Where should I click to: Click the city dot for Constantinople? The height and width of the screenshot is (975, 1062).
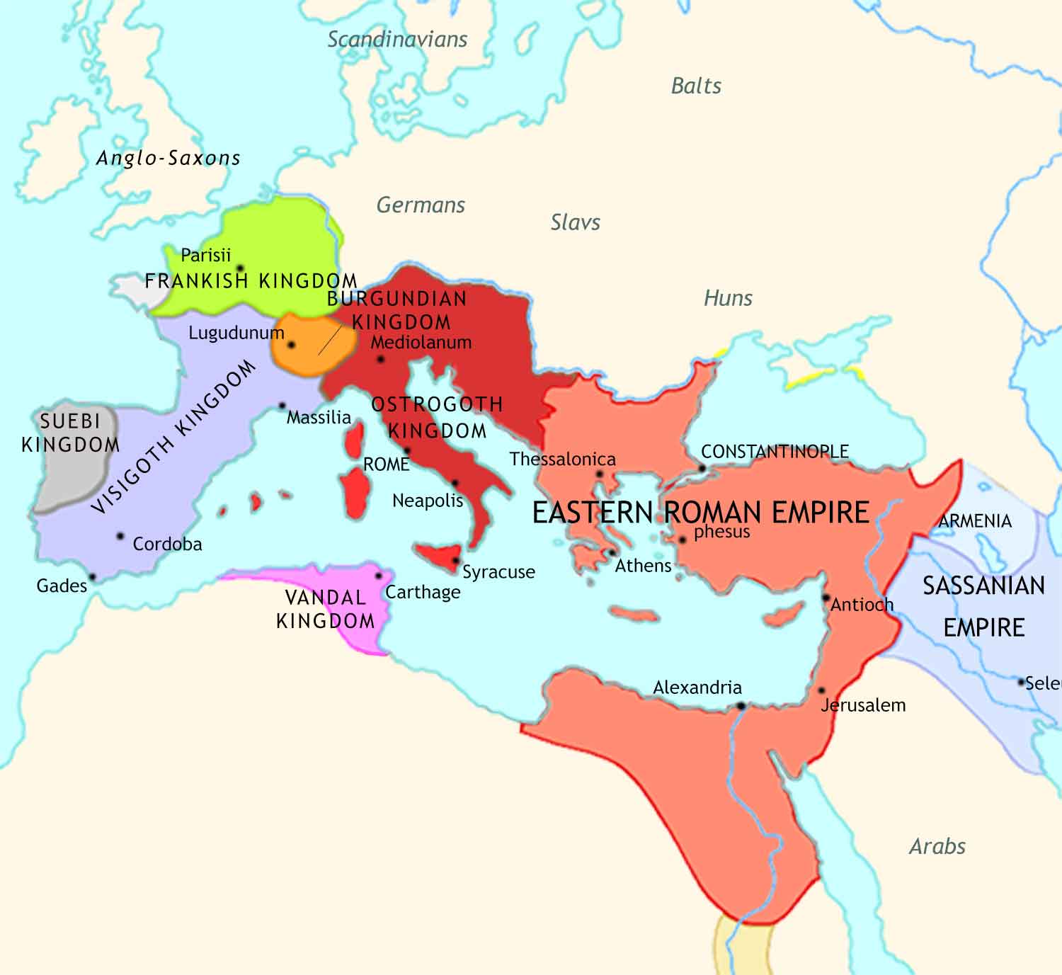tap(702, 469)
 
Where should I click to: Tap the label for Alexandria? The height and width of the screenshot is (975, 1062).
tap(697, 688)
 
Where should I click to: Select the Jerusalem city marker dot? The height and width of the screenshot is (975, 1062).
tap(821, 690)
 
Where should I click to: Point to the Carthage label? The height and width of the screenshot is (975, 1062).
tap(423, 592)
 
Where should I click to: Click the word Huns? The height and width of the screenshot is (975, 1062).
tap(728, 298)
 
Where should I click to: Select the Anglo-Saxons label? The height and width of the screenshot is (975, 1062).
tap(169, 158)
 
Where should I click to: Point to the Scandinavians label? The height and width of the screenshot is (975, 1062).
tap(397, 40)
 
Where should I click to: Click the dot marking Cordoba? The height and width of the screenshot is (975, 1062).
tap(120, 536)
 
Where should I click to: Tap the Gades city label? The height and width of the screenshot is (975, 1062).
tap(62, 586)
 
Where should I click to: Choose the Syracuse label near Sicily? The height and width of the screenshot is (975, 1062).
tap(498, 572)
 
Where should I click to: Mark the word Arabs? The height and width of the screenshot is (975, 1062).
tap(937, 846)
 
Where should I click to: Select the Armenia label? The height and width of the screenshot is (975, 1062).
tap(975, 521)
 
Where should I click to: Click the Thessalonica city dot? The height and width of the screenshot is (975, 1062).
tap(600, 474)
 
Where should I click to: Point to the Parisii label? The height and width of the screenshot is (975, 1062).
tap(205, 255)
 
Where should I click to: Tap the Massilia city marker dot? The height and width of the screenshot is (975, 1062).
tap(282, 406)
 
